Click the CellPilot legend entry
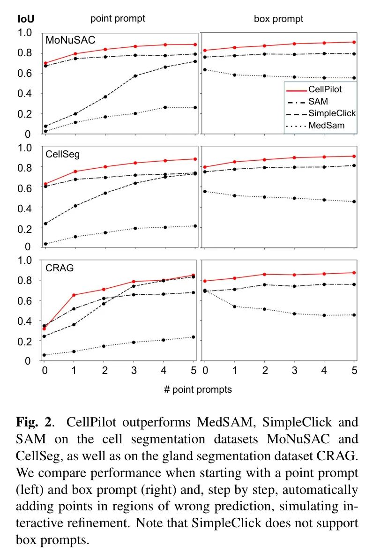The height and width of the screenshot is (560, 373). (325, 89)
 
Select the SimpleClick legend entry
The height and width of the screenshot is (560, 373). (332, 113)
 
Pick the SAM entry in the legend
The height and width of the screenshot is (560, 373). (318, 101)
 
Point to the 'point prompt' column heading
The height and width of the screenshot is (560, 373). (118, 18)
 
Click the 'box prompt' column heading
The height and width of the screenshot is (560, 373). (278, 19)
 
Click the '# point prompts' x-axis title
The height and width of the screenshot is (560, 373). (198, 389)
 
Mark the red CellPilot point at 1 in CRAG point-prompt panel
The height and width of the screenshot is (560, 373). (75, 295)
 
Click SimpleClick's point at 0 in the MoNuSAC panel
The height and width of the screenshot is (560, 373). (45, 126)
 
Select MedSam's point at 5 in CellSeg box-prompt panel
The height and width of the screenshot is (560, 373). (354, 202)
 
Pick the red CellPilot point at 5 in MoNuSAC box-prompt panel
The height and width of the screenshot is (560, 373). (354, 42)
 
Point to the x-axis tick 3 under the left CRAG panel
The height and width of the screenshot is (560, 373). (134, 370)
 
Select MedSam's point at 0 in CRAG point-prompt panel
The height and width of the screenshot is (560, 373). (45, 355)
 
